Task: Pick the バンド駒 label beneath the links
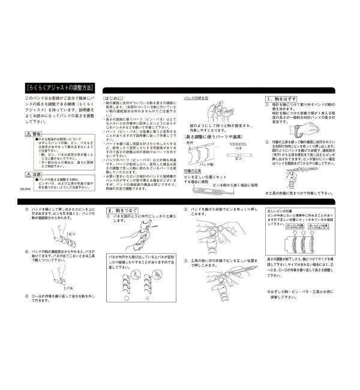click(206, 163)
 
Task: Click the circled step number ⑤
click(27, 296)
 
